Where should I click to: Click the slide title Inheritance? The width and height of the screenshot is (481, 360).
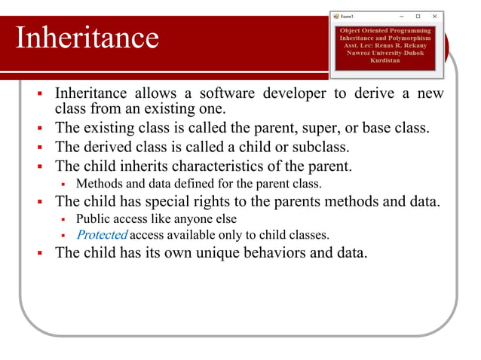point(87,38)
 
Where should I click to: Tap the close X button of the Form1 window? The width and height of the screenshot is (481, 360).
point(434,16)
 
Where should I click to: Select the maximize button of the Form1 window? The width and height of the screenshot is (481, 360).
point(418,16)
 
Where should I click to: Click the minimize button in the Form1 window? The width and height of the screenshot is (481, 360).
point(401,16)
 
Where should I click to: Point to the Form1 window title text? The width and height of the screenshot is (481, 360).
point(349,16)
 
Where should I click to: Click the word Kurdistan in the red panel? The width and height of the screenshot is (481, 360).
point(385,59)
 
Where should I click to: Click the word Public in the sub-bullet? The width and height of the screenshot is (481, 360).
point(92,219)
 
